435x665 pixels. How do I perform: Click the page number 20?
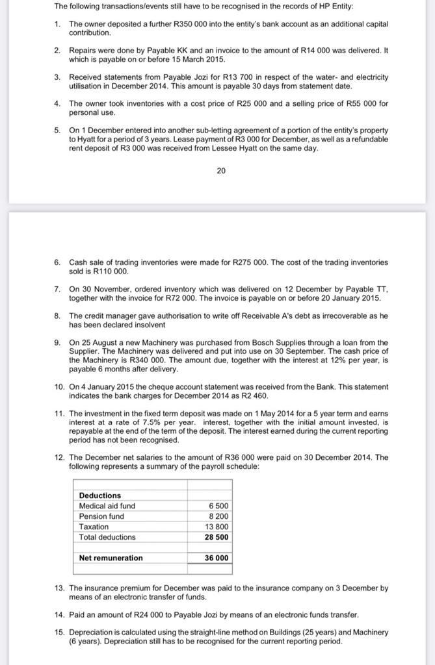pyautogui.click(x=221, y=171)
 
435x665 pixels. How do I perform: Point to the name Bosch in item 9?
pyautogui.click(x=264, y=342)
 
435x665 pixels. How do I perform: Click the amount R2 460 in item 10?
pyautogui.click(x=252, y=395)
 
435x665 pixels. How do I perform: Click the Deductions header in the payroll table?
pyautogui.click(x=100, y=496)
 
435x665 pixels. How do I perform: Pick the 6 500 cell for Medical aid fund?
pyautogui.click(x=218, y=506)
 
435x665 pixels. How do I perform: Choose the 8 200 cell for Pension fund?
pyautogui.click(x=218, y=516)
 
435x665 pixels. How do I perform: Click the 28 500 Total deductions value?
pyautogui.click(x=217, y=537)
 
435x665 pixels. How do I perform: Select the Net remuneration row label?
pyautogui.click(x=111, y=558)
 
